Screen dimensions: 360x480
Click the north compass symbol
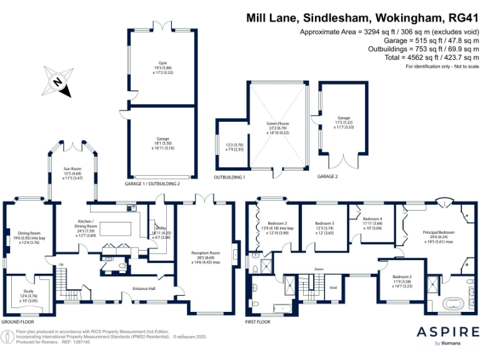[58, 82]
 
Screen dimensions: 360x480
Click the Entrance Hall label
[145, 289]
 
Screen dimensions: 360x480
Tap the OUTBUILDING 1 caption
[231, 177]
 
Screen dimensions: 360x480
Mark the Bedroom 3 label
[324, 223]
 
